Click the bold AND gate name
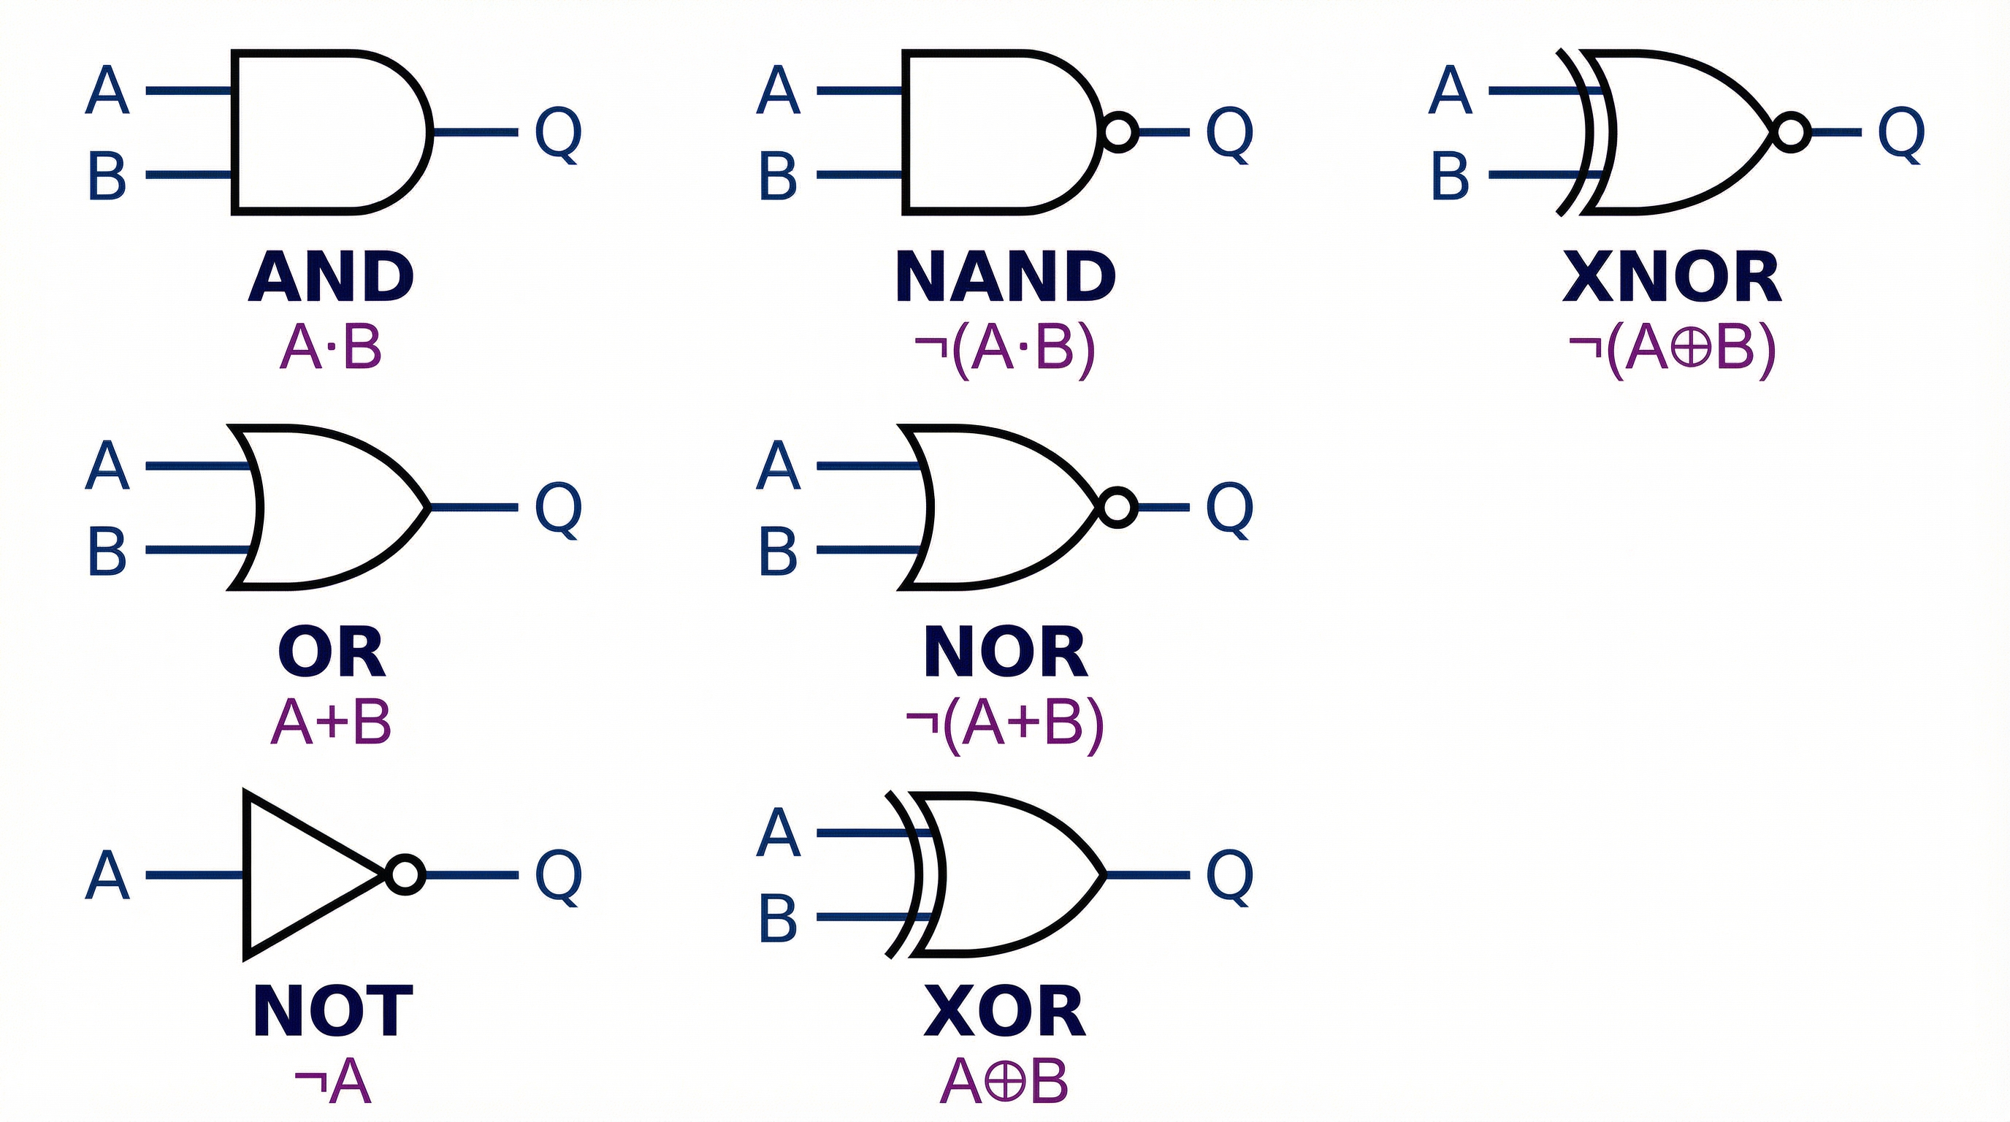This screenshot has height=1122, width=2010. click(x=331, y=277)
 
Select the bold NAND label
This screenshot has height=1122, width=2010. click(x=1005, y=277)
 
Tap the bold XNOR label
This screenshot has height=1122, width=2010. click(x=1672, y=277)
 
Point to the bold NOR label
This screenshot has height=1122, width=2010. click(x=1005, y=652)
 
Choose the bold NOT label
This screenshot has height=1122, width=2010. click(x=333, y=1011)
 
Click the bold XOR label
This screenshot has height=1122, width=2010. click(x=1005, y=1011)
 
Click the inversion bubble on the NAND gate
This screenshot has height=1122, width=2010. click(x=1118, y=132)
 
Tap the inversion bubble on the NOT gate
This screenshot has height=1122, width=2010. click(x=405, y=874)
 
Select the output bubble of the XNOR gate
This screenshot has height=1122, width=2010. click(x=1791, y=132)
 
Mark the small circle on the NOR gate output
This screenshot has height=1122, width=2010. click(x=1117, y=507)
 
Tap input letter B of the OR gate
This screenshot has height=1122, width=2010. click(x=107, y=551)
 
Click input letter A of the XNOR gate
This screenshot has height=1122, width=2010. click(x=1450, y=91)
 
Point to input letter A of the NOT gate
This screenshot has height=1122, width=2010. click(x=107, y=875)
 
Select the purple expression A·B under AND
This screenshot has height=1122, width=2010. click(x=331, y=347)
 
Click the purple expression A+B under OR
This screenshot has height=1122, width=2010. click(x=331, y=722)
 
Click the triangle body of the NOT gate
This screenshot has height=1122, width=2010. click(x=305, y=874)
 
